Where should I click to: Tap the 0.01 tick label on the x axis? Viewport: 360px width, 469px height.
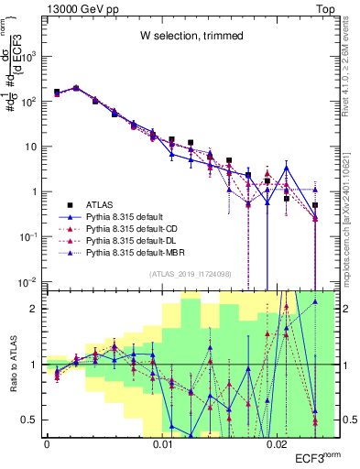tap(162, 444)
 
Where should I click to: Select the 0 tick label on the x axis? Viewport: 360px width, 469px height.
tap(46, 444)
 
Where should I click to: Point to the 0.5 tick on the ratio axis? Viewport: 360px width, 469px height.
tap(33, 420)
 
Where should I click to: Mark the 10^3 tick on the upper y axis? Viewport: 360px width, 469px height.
tap(31, 56)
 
